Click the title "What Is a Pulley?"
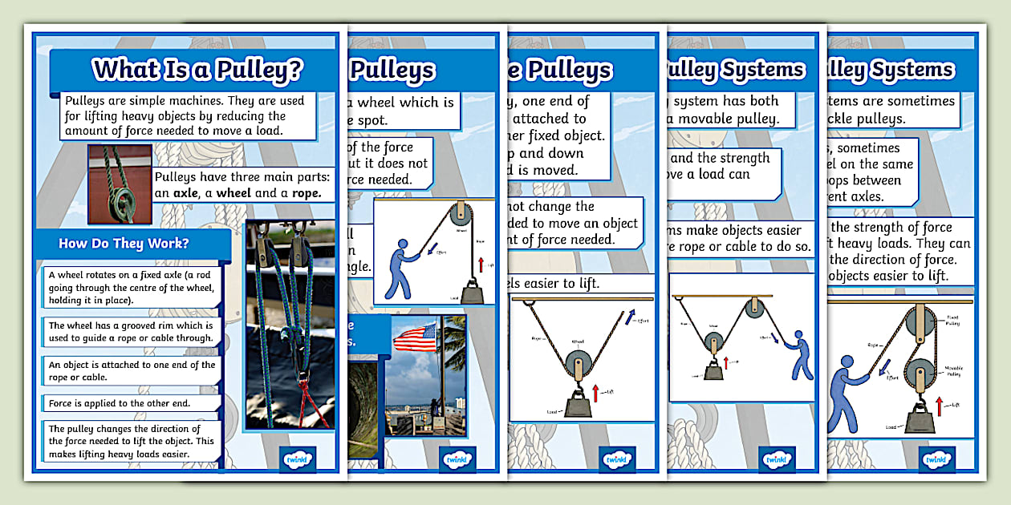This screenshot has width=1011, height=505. pos(197,70)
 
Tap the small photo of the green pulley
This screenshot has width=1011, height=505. pos(120,184)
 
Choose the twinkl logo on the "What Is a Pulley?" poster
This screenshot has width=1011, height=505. pos(298,459)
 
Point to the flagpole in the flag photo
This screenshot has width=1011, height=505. pos(440,377)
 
